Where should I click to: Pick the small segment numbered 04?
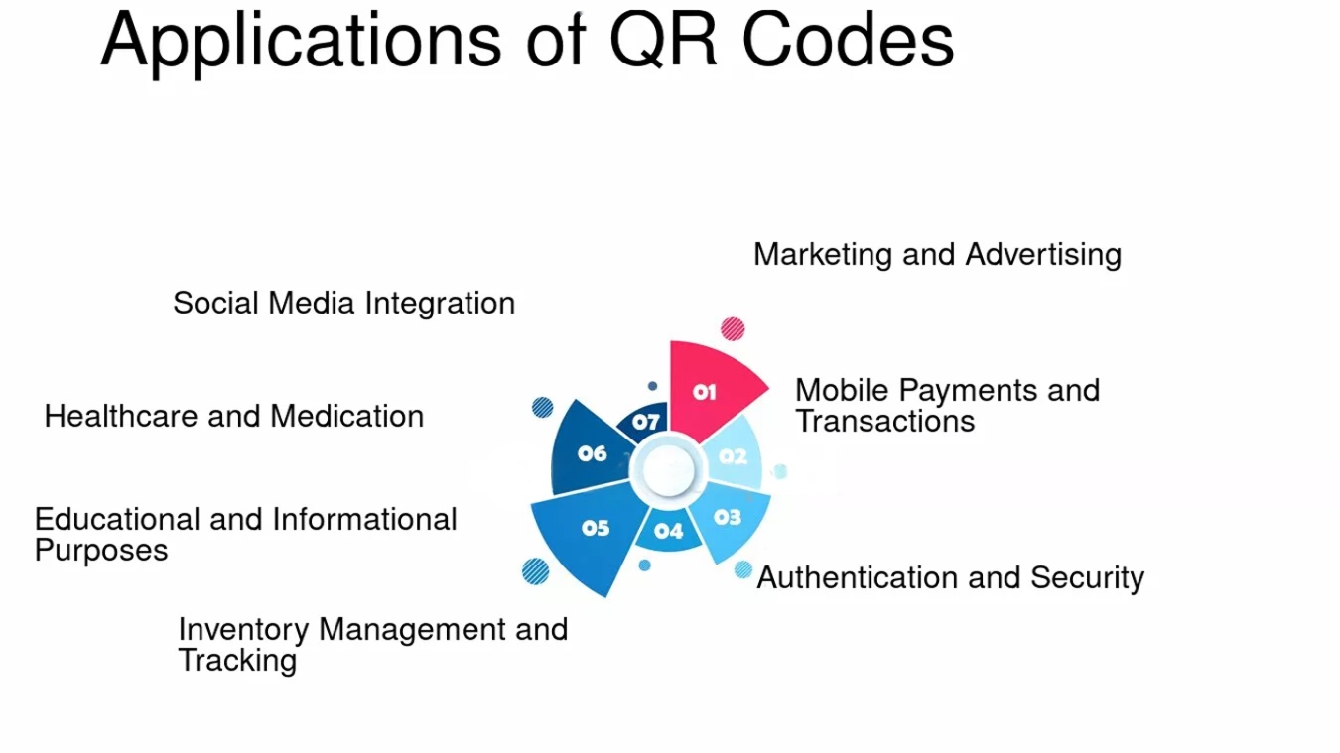pos(668,531)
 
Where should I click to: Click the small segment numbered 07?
pos(645,422)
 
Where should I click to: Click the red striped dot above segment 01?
pos(733,328)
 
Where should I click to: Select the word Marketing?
pos(824,255)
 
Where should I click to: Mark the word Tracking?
pos(237,661)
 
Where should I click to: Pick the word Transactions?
pos(885,422)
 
